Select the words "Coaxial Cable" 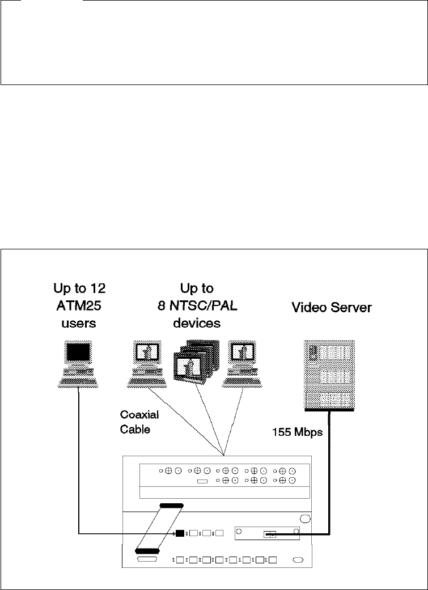[x=139, y=422]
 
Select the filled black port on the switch [x=180, y=533]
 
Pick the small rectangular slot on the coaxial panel [x=202, y=481]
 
